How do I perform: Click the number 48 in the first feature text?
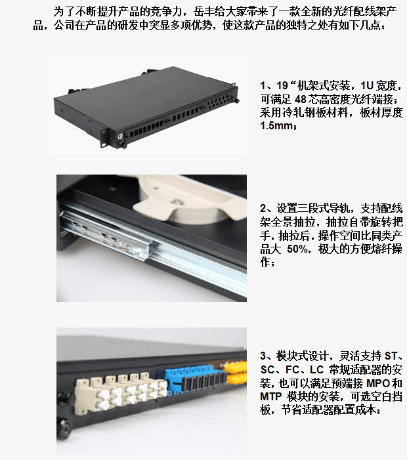click(x=301, y=99)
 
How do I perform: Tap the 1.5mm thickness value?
click(x=276, y=125)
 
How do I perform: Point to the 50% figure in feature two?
click(x=297, y=249)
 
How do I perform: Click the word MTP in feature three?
click(x=271, y=396)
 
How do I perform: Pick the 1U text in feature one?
click(x=366, y=86)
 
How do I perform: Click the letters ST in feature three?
click(x=391, y=356)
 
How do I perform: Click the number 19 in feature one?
click(x=282, y=86)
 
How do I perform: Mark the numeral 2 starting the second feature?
click(x=263, y=209)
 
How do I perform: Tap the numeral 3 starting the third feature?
click(x=263, y=356)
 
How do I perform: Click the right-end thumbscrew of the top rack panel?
click(x=236, y=101)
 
